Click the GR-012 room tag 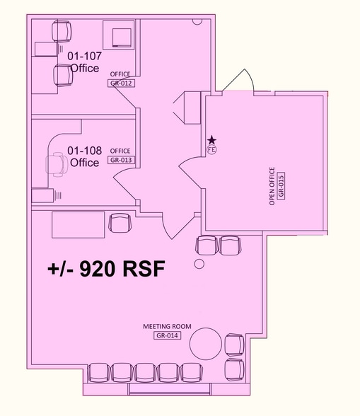(122, 83)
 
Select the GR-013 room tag (120, 160)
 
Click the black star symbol (211, 141)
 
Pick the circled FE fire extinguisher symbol (211, 149)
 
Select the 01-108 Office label (84, 156)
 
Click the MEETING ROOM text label (163, 326)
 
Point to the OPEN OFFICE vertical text (272, 187)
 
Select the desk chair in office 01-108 (56, 164)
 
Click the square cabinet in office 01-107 (118, 35)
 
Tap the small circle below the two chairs (199, 265)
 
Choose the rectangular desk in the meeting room (78, 224)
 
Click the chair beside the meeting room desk (120, 223)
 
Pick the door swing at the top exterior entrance (236, 81)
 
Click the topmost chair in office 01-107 (62, 31)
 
